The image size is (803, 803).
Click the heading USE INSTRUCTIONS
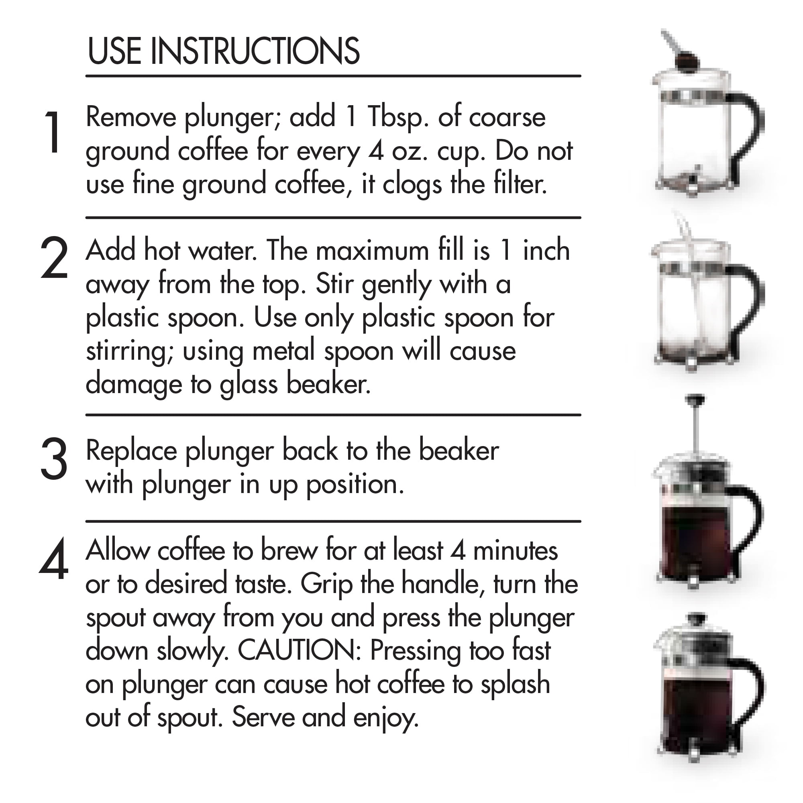pos(223,51)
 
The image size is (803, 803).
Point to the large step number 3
pos(54,459)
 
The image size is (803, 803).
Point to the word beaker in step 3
pos(459,450)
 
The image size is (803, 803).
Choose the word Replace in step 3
pos(130,450)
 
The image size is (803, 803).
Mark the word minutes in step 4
pos(516,551)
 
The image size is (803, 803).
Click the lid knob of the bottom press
pos(698,618)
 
